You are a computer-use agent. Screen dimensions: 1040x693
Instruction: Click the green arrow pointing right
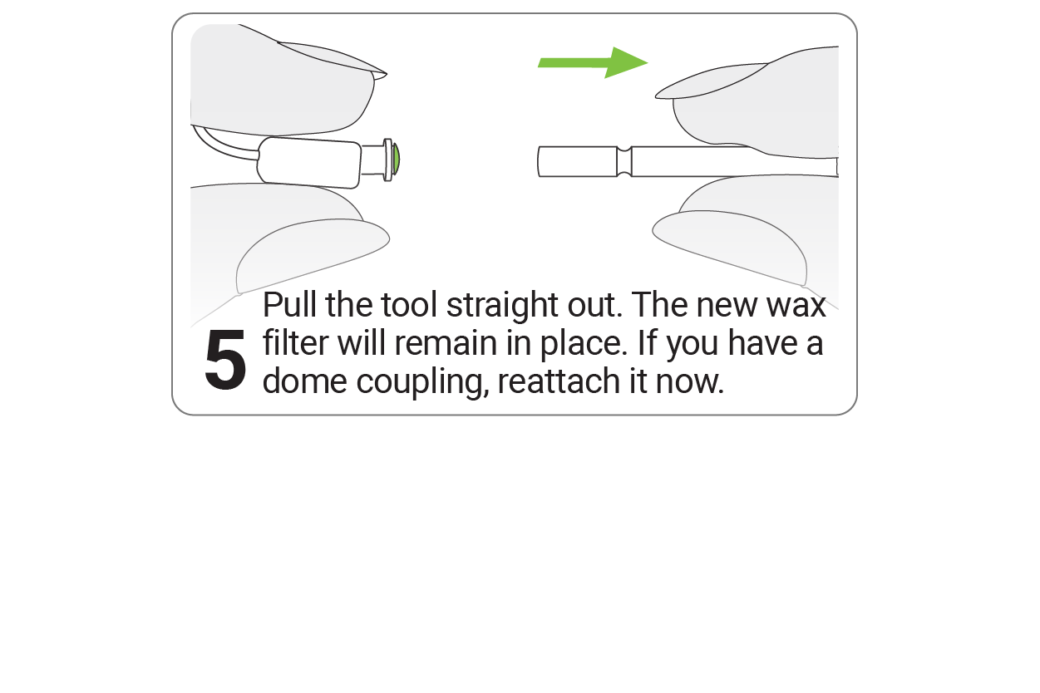pos(593,62)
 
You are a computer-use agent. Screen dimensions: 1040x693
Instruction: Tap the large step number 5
pos(225,359)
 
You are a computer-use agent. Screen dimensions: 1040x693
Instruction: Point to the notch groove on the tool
pos(624,161)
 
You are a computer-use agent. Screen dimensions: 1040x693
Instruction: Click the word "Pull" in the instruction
pos(289,305)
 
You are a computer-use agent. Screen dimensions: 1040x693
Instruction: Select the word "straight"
pos(502,307)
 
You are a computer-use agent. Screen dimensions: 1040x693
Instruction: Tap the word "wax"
pos(796,306)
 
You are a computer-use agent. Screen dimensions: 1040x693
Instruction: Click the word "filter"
pos(296,343)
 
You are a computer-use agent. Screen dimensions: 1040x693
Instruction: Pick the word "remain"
pos(446,344)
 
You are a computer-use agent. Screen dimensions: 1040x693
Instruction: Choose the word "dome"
pos(304,381)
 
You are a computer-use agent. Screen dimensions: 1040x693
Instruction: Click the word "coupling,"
pos(423,383)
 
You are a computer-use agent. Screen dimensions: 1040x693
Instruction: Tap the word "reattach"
pos(559,381)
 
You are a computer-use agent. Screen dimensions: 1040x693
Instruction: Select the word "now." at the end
pos(689,382)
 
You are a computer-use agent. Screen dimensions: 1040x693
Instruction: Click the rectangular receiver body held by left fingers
pos(309,163)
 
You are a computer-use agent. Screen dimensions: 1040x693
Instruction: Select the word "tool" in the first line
pos(409,305)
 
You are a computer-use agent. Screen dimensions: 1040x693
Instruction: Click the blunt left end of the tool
pos(539,161)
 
